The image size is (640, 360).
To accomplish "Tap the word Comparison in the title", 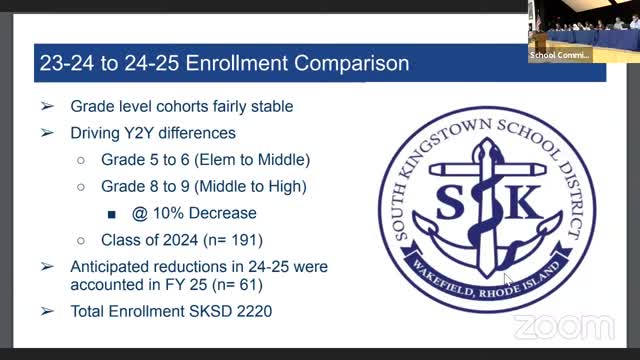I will click(x=354, y=63).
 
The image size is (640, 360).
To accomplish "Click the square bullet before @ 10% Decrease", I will click(x=112, y=213).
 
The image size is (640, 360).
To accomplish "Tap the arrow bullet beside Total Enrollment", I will click(x=47, y=311).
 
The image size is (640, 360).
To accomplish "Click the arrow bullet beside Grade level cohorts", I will click(x=47, y=106).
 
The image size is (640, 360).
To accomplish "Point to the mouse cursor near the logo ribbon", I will click(x=507, y=280).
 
